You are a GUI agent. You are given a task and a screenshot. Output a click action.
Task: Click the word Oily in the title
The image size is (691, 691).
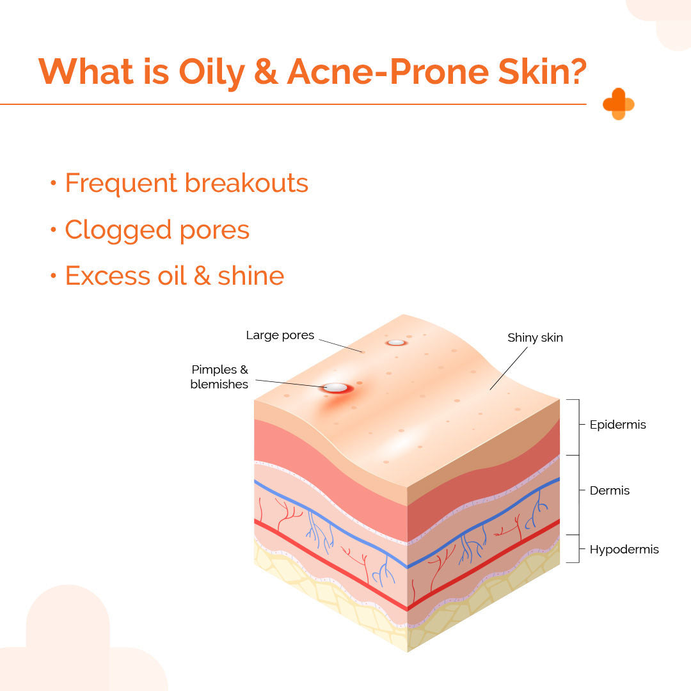212,72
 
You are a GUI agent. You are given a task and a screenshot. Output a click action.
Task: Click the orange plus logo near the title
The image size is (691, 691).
618,104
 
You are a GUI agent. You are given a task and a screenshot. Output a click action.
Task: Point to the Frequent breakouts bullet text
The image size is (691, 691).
186,183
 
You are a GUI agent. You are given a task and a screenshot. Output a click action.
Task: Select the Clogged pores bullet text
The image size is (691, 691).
157,230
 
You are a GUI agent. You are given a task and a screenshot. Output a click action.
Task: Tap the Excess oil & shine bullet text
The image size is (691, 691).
174,276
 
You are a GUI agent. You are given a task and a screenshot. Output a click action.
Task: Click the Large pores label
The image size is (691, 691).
280,335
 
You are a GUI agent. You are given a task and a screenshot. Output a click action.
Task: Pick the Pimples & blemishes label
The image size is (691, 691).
219,377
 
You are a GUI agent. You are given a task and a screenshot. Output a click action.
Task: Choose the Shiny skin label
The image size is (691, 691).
535,337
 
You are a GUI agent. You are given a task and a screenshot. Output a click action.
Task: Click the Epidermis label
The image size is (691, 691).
617,425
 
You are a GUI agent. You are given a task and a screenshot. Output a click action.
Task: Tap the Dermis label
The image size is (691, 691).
609,491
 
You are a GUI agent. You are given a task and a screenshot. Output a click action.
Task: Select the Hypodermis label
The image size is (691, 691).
624,550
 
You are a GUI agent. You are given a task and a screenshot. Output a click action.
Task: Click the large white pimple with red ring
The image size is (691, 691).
336,388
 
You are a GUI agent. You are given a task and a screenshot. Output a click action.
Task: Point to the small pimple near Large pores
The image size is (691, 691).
396,342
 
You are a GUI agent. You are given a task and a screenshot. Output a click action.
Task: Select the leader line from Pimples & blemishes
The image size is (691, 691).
288,383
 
